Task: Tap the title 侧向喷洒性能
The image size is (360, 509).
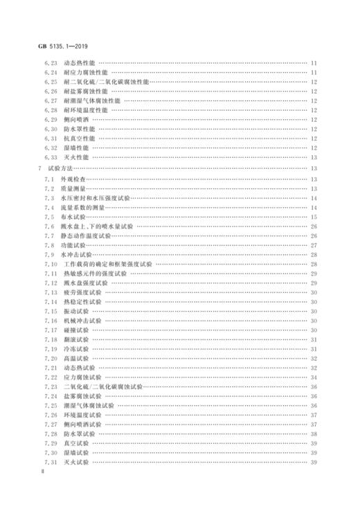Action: pos(82,119)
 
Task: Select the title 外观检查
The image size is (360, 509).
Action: pos(75,179)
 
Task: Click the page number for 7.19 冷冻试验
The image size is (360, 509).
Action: pos(313,349)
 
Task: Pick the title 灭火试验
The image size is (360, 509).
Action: pos(77,462)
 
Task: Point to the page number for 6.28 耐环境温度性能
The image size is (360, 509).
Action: pos(313,109)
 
